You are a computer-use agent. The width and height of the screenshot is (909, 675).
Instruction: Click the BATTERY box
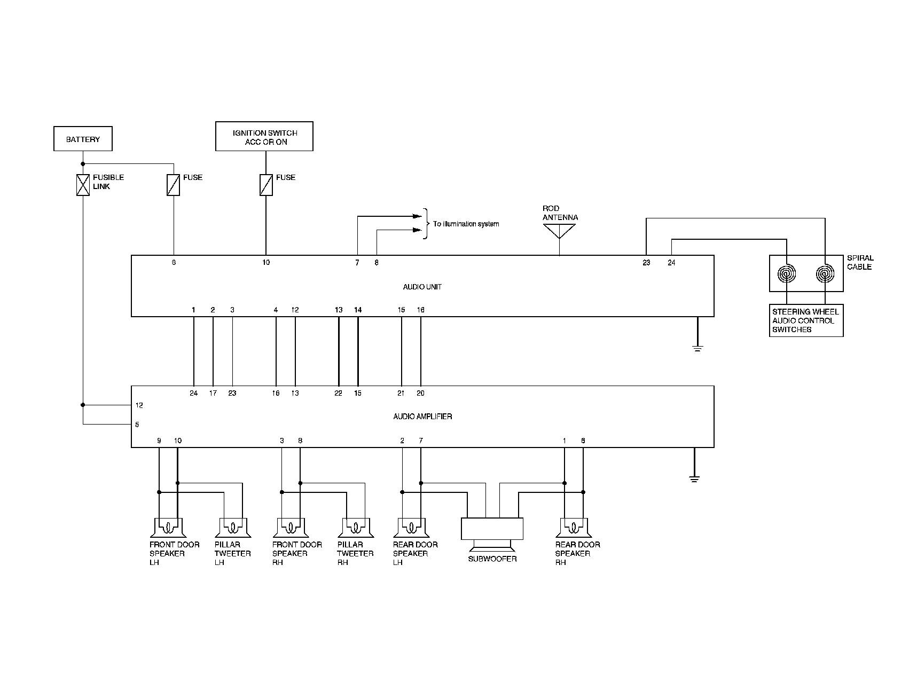83,139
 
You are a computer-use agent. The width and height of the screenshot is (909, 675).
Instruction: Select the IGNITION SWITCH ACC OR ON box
264,137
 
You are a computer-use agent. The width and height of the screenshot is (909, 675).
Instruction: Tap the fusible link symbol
83,185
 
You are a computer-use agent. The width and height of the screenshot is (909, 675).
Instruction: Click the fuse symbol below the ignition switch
266,185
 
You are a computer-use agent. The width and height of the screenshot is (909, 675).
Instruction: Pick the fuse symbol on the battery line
174,185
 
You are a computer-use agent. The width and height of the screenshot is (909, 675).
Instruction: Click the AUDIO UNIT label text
422,287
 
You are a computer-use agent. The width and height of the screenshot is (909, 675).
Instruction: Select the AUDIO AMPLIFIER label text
422,416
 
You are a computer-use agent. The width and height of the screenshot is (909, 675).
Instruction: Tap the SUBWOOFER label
492,559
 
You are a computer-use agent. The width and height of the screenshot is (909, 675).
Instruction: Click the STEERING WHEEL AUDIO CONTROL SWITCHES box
806,320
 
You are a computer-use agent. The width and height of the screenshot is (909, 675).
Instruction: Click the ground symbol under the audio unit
698,348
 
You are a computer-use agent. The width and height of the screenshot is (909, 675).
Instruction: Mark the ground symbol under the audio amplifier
694,478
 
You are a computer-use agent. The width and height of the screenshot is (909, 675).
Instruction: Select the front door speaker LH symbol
168,528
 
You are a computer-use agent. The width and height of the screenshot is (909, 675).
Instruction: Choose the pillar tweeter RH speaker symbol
355,528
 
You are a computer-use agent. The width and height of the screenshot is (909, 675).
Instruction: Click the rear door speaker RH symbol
573,528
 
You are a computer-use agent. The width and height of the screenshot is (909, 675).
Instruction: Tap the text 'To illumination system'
466,224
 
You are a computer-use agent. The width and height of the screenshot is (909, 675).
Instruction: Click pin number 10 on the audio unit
266,262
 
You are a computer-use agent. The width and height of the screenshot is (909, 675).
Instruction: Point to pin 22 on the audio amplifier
338,393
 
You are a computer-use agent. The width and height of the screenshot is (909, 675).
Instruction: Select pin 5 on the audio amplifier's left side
137,425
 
